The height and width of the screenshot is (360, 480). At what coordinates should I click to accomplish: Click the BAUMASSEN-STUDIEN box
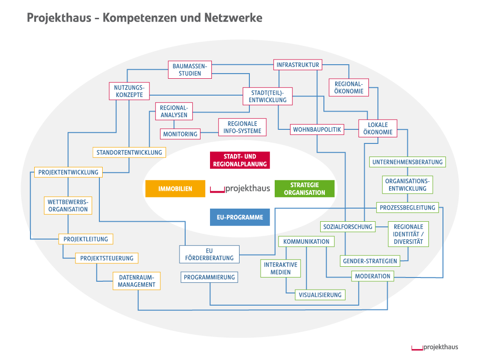tap(190, 70)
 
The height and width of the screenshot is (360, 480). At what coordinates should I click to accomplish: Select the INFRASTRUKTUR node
tap(298, 65)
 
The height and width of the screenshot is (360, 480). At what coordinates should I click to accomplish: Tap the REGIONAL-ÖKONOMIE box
tap(349, 87)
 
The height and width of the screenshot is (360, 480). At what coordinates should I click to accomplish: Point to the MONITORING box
tap(180, 134)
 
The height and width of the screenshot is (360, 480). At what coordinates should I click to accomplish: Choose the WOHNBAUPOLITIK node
tap(317, 129)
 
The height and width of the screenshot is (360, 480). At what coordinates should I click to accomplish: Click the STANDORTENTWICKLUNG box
tap(129, 152)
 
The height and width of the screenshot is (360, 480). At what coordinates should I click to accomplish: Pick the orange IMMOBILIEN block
tap(175, 189)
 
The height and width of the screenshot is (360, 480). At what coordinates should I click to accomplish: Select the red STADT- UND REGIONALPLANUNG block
tap(240, 160)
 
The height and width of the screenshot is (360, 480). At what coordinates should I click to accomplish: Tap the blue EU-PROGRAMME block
tap(240, 217)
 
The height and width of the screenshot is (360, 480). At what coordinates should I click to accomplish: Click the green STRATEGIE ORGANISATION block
tap(304, 189)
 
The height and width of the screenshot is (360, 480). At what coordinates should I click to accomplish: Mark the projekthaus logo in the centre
tap(240, 189)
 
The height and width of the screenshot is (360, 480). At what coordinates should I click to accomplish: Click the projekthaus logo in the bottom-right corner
tap(435, 347)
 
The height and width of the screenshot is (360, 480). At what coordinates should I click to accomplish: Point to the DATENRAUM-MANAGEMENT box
tap(136, 281)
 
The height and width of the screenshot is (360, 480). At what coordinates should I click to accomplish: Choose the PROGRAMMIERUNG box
tap(209, 277)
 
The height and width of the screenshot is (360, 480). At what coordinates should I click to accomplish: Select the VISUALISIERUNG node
tap(321, 295)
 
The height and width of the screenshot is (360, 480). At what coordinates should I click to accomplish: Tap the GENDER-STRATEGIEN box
tap(370, 261)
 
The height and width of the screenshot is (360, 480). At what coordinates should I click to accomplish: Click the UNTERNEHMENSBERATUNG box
tap(407, 162)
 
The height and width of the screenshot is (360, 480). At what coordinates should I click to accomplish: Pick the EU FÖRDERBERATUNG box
tap(209, 255)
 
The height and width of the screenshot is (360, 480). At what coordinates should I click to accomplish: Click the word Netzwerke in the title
tap(233, 18)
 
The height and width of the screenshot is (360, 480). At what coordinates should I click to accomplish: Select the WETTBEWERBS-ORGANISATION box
tap(68, 206)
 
